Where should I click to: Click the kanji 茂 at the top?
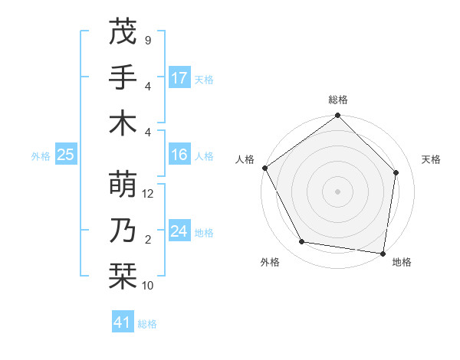(123, 32)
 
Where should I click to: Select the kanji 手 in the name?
(123, 77)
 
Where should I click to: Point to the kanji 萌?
(123, 184)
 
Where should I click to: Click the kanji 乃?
(123, 230)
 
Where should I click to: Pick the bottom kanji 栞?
(123, 276)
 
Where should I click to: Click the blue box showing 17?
(179, 78)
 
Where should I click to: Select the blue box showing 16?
(179, 155)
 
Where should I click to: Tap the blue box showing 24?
(179, 232)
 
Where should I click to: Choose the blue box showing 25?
(65, 155)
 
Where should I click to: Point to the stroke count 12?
(149, 194)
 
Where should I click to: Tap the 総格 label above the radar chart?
(338, 100)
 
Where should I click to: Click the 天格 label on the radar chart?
(432, 159)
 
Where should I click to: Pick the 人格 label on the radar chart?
(245, 159)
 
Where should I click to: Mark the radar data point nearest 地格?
(383, 253)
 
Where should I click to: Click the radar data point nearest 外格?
(302, 242)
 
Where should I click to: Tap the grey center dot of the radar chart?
(338, 191)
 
